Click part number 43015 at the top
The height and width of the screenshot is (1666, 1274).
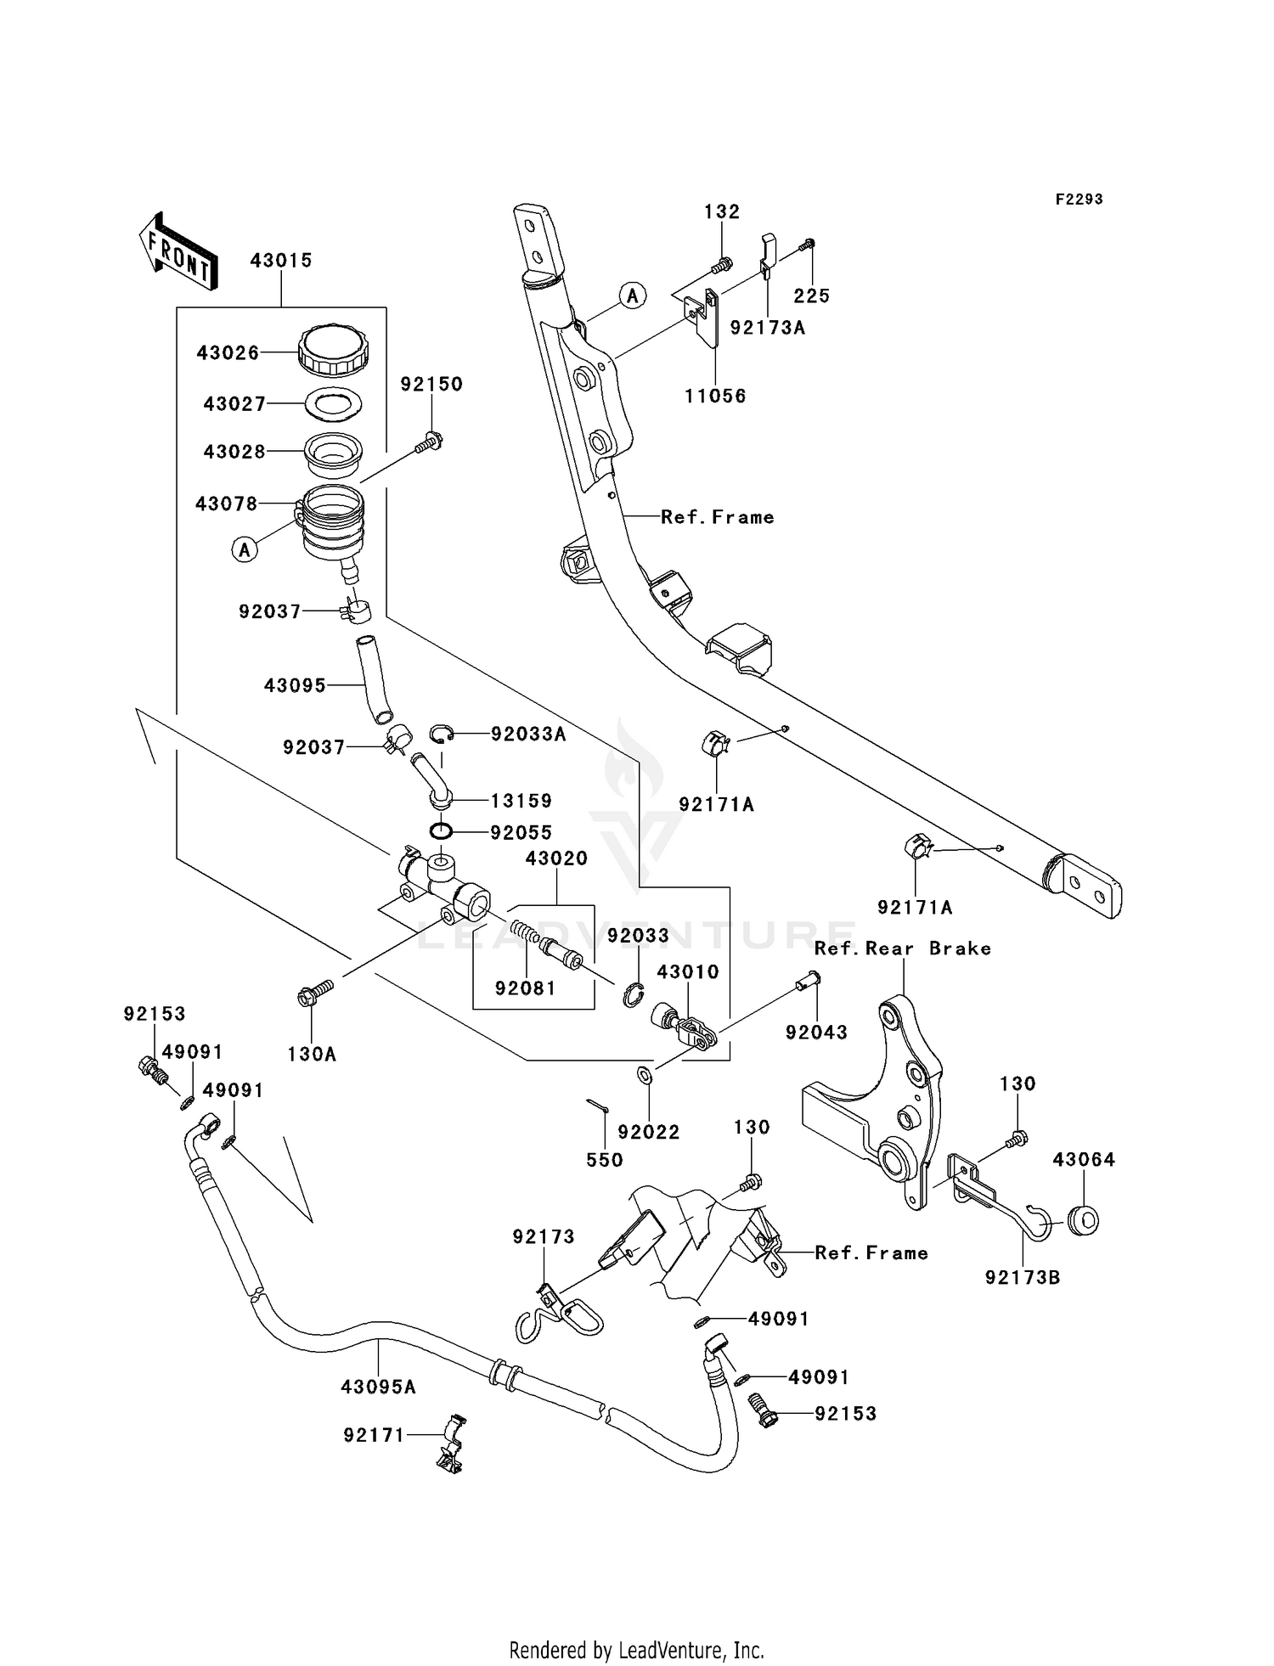(281, 261)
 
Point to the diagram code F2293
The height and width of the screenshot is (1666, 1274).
(1079, 200)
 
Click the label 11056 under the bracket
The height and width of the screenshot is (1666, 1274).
(716, 397)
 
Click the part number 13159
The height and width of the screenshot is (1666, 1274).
(521, 801)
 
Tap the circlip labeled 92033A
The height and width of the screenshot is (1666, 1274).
(441, 734)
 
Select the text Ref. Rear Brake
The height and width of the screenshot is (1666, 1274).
(902, 948)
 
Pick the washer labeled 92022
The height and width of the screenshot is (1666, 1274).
(645, 1076)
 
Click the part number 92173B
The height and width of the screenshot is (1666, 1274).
(1023, 1277)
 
